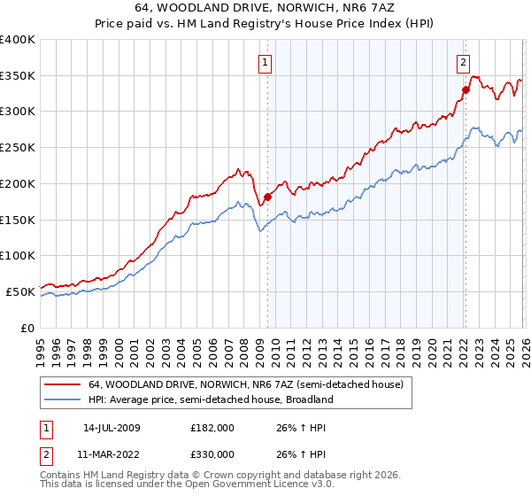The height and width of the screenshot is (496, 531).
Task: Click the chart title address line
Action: tap(265, 7)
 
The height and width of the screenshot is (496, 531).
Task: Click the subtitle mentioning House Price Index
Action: tap(265, 22)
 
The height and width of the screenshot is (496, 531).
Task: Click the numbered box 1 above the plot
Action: tap(265, 62)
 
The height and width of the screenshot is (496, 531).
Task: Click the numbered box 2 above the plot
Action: tap(463, 62)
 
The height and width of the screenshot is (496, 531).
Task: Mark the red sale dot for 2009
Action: tap(267, 197)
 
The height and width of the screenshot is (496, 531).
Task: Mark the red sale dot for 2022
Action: tap(465, 89)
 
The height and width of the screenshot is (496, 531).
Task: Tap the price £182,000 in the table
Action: tap(212, 428)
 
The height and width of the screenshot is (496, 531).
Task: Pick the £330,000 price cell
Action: tap(212, 454)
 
